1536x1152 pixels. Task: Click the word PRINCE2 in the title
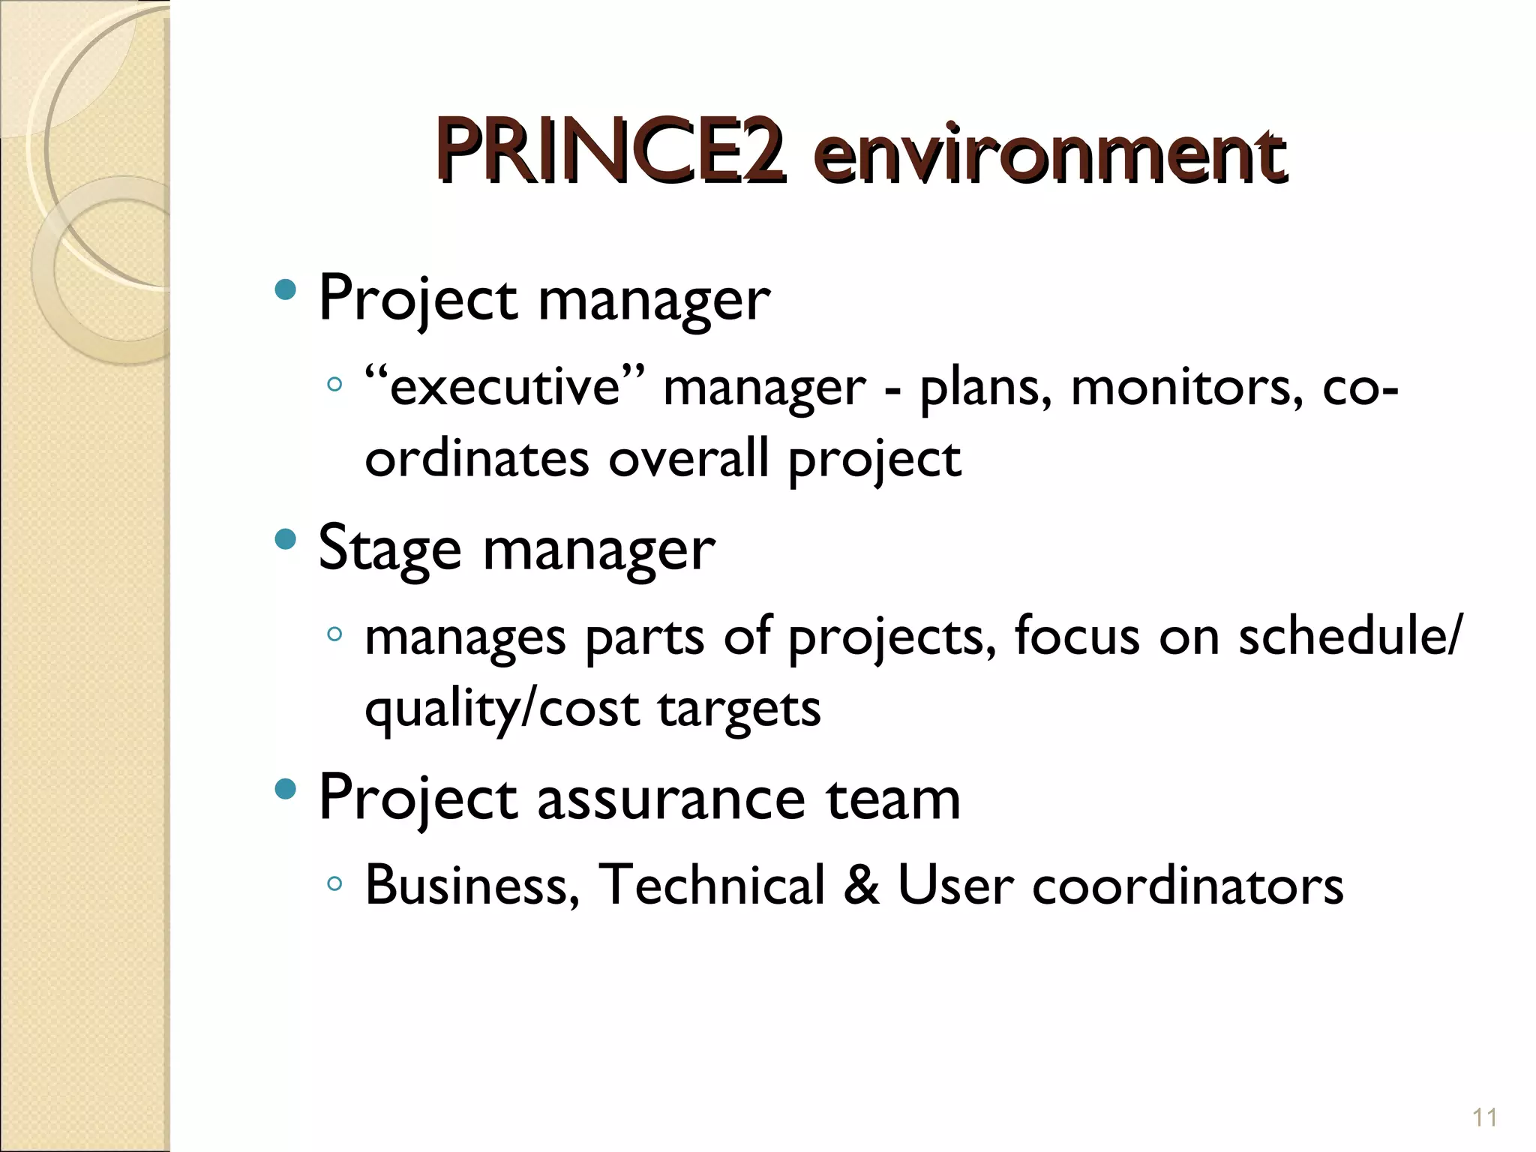(610, 152)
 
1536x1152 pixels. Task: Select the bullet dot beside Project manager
(286, 289)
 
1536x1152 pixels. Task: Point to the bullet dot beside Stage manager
(286, 539)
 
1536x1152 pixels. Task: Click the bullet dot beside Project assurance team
(286, 788)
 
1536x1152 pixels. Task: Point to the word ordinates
(477, 459)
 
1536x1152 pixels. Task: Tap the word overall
(688, 459)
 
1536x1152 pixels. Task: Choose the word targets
(739, 709)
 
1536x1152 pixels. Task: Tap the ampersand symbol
(861, 886)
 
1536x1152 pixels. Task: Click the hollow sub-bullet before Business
(334, 884)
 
